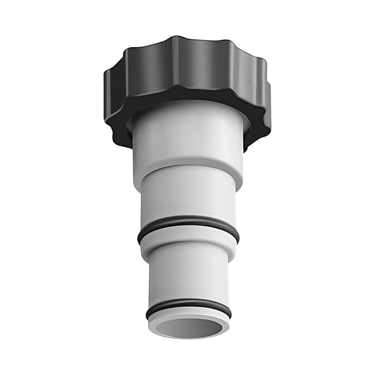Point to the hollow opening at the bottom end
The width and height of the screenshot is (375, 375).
click(x=189, y=328)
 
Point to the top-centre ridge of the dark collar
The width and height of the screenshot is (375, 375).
click(x=184, y=46)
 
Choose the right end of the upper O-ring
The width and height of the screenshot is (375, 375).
click(x=237, y=233)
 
